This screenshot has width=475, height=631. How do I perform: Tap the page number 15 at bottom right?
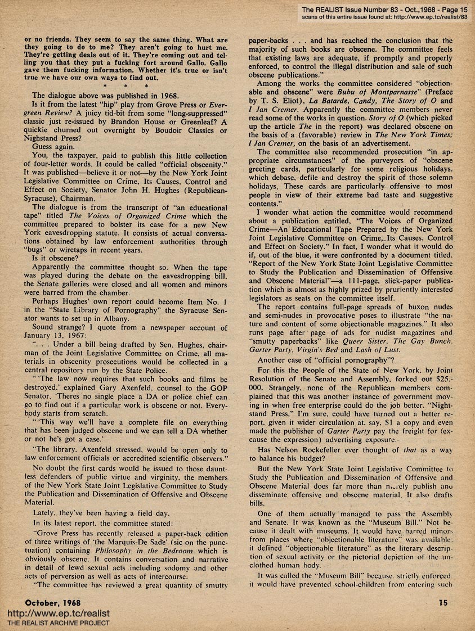[443, 603]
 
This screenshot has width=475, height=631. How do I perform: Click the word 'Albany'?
[151, 318]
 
